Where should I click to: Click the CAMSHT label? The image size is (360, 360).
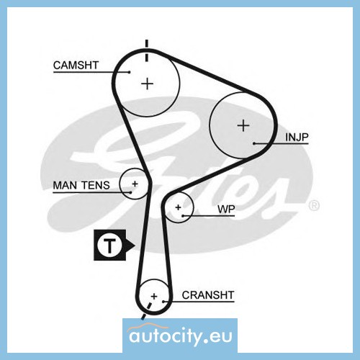point(76,65)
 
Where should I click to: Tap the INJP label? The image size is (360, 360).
point(297,137)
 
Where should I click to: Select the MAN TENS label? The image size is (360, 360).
point(81,185)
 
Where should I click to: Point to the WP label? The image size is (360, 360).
point(226,209)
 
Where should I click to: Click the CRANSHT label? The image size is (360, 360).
point(208,295)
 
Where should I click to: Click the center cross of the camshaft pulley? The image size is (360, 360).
point(147,84)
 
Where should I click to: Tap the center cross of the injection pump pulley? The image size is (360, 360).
point(243,125)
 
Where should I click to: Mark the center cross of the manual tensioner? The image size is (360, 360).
point(135,184)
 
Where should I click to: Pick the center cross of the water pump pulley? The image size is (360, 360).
point(178,207)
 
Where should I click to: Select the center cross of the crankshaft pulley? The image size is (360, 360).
point(154,296)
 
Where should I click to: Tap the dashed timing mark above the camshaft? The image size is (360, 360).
point(147,50)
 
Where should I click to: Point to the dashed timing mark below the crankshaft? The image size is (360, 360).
point(146,311)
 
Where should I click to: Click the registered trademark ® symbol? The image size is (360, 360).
point(314,205)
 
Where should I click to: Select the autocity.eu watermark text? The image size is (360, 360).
point(181,336)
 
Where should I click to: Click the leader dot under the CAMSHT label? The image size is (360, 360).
point(130,72)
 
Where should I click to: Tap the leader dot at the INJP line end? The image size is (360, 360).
point(254,143)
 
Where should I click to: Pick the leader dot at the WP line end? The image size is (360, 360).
point(183,216)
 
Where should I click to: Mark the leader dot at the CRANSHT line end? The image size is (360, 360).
point(163,302)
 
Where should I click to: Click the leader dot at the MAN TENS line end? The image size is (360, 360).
point(130,192)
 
